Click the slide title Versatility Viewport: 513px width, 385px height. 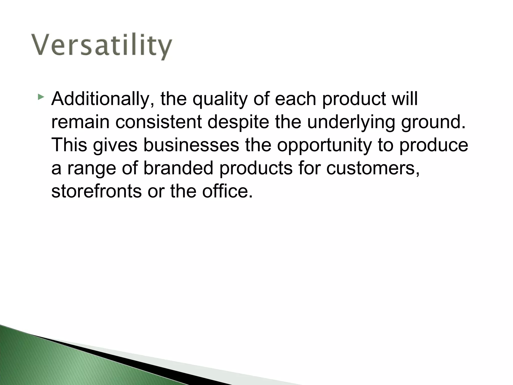pyautogui.click(x=102, y=46)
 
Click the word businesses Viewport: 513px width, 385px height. pyautogui.click(x=191, y=145)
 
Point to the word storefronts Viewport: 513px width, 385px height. pyautogui.click(x=96, y=191)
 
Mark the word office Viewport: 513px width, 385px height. pyautogui.click(x=227, y=191)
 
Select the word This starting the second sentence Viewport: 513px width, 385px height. pyautogui.click(x=69, y=145)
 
